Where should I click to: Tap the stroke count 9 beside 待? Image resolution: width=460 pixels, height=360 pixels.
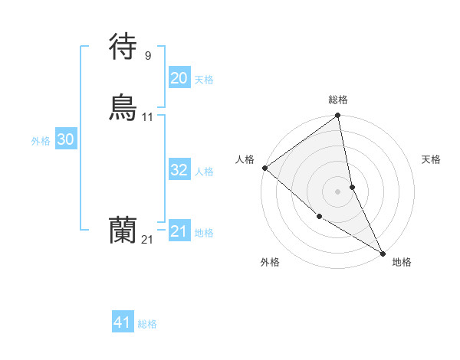click(x=147, y=55)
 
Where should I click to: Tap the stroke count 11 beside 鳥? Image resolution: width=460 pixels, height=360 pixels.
click(x=148, y=116)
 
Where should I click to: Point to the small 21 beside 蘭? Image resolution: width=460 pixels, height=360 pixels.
click(x=147, y=239)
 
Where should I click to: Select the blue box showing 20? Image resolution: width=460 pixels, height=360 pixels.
click(x=179, y=78)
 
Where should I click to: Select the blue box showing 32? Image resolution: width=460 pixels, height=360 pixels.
click(x=179, y=170)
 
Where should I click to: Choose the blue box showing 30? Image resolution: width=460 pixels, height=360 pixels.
click(x=65, y=139)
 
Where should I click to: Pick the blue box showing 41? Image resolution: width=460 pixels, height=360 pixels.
click(x=123, y=322)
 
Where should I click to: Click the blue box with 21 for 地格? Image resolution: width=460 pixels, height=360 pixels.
click(x=179, y=231)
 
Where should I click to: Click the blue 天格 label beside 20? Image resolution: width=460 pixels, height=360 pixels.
click(x=204, y=80)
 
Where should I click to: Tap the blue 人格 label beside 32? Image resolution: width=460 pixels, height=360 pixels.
click(x=204, y=172)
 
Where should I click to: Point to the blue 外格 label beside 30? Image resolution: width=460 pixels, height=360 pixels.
click(x=41, y=141)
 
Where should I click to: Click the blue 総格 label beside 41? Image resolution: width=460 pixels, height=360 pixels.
click(x=147, y=324)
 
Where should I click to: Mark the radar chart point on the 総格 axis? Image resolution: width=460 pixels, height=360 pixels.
click(x=337, y=116)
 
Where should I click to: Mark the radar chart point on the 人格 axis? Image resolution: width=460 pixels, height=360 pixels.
click(x=264, y=168)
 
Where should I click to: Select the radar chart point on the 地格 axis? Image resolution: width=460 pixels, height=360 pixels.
click(x=383, y=253)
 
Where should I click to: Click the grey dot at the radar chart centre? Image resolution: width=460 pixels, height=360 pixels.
click(x=337, y=191)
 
